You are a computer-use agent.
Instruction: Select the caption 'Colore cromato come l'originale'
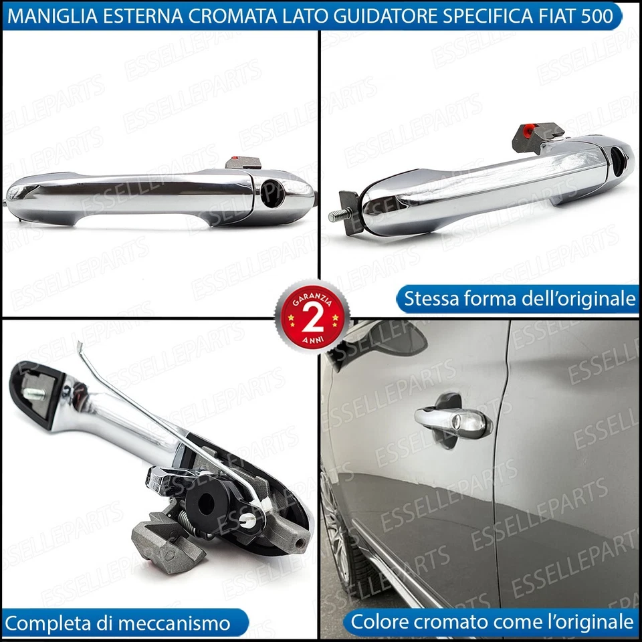click(x=492, y=622)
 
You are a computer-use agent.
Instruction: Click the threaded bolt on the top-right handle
click(x=336, y=215)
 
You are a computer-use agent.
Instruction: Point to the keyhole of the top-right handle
click(x=618, y=158)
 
